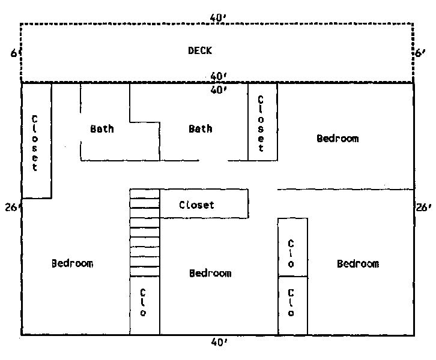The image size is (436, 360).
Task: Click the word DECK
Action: [200, 50]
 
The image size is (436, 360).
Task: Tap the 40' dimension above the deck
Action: [218, 18]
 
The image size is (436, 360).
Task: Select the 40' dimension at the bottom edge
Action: [219, 342]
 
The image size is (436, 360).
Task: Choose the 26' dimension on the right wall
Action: [423, 207]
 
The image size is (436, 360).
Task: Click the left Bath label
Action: [102, 129]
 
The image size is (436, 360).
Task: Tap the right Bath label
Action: [201, 129]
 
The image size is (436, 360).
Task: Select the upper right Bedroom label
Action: [338, 139]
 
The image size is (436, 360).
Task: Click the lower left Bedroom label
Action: [72, 263]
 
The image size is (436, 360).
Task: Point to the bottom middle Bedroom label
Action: [210, 274]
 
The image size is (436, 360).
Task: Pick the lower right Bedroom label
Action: [358, 263]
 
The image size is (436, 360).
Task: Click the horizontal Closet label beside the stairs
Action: [196, 205]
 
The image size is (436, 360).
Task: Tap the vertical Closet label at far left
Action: [34, 143]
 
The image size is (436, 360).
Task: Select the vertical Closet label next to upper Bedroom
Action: [261, 124]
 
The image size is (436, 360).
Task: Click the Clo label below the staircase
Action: [143, 302]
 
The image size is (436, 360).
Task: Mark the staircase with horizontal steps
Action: [145, 233]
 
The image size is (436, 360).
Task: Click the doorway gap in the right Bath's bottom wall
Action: [213, 161]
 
